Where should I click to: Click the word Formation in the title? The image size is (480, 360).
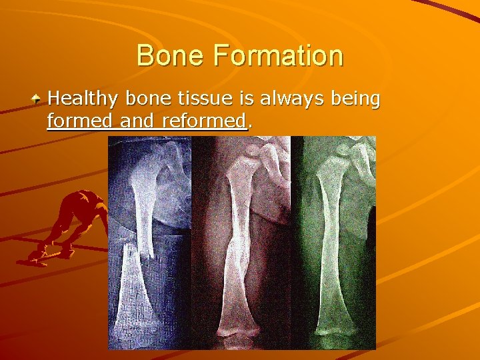click(x=278, y=55)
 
